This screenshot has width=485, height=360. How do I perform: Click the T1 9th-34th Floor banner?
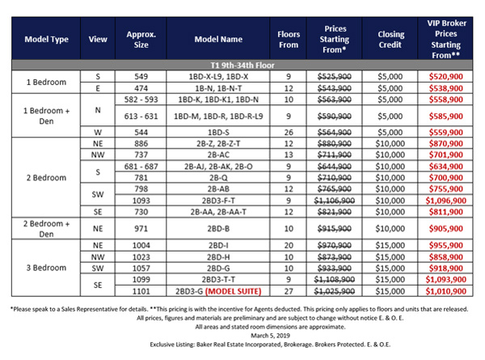[x=242, y=63]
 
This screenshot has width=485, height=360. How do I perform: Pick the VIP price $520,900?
[x=445, y=74]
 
